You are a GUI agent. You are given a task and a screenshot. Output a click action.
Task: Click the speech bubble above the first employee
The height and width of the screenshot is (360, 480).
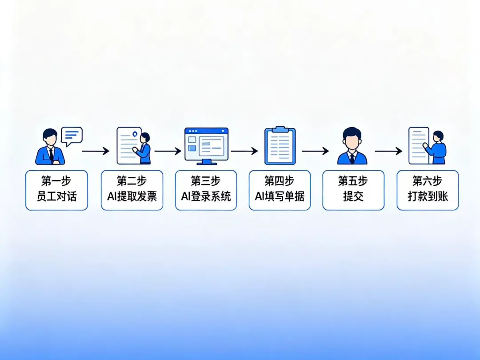[72, 136]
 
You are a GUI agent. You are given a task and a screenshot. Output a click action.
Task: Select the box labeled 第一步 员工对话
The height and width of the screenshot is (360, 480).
[56, 190]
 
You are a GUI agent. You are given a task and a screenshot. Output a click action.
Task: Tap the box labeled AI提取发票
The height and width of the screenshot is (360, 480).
[132, 190]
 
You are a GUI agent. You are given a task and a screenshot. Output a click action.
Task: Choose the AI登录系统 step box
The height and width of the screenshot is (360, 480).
[206, 190]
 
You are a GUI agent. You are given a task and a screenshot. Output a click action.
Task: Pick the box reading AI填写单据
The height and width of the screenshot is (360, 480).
[280, 190]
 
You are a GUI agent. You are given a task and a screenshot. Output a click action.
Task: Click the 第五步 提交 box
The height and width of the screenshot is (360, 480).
[353, 190]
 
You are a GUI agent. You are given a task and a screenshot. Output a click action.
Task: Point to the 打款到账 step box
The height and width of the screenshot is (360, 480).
[428, 190]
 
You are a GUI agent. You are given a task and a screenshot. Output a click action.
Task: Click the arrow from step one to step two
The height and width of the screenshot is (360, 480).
[96, 152]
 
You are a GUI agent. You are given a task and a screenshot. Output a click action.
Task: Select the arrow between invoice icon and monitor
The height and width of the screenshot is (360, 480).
[168, 151]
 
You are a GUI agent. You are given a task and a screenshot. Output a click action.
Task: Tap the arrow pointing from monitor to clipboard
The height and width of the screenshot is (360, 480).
[244, 151]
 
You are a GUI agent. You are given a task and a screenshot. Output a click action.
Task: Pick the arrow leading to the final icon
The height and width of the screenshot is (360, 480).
[388, 151]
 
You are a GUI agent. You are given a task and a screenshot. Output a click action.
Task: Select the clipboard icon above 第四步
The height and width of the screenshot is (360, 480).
[280, 145]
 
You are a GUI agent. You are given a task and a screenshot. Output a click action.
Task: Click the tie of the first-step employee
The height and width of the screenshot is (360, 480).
[51, 155]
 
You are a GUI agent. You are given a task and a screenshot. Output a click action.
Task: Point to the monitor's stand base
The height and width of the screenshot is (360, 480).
[206, 163]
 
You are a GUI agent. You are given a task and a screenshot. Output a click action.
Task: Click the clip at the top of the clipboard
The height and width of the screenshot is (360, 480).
[280, 129]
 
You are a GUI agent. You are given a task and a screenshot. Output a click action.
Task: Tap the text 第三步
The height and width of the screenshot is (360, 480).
[206, 181]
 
